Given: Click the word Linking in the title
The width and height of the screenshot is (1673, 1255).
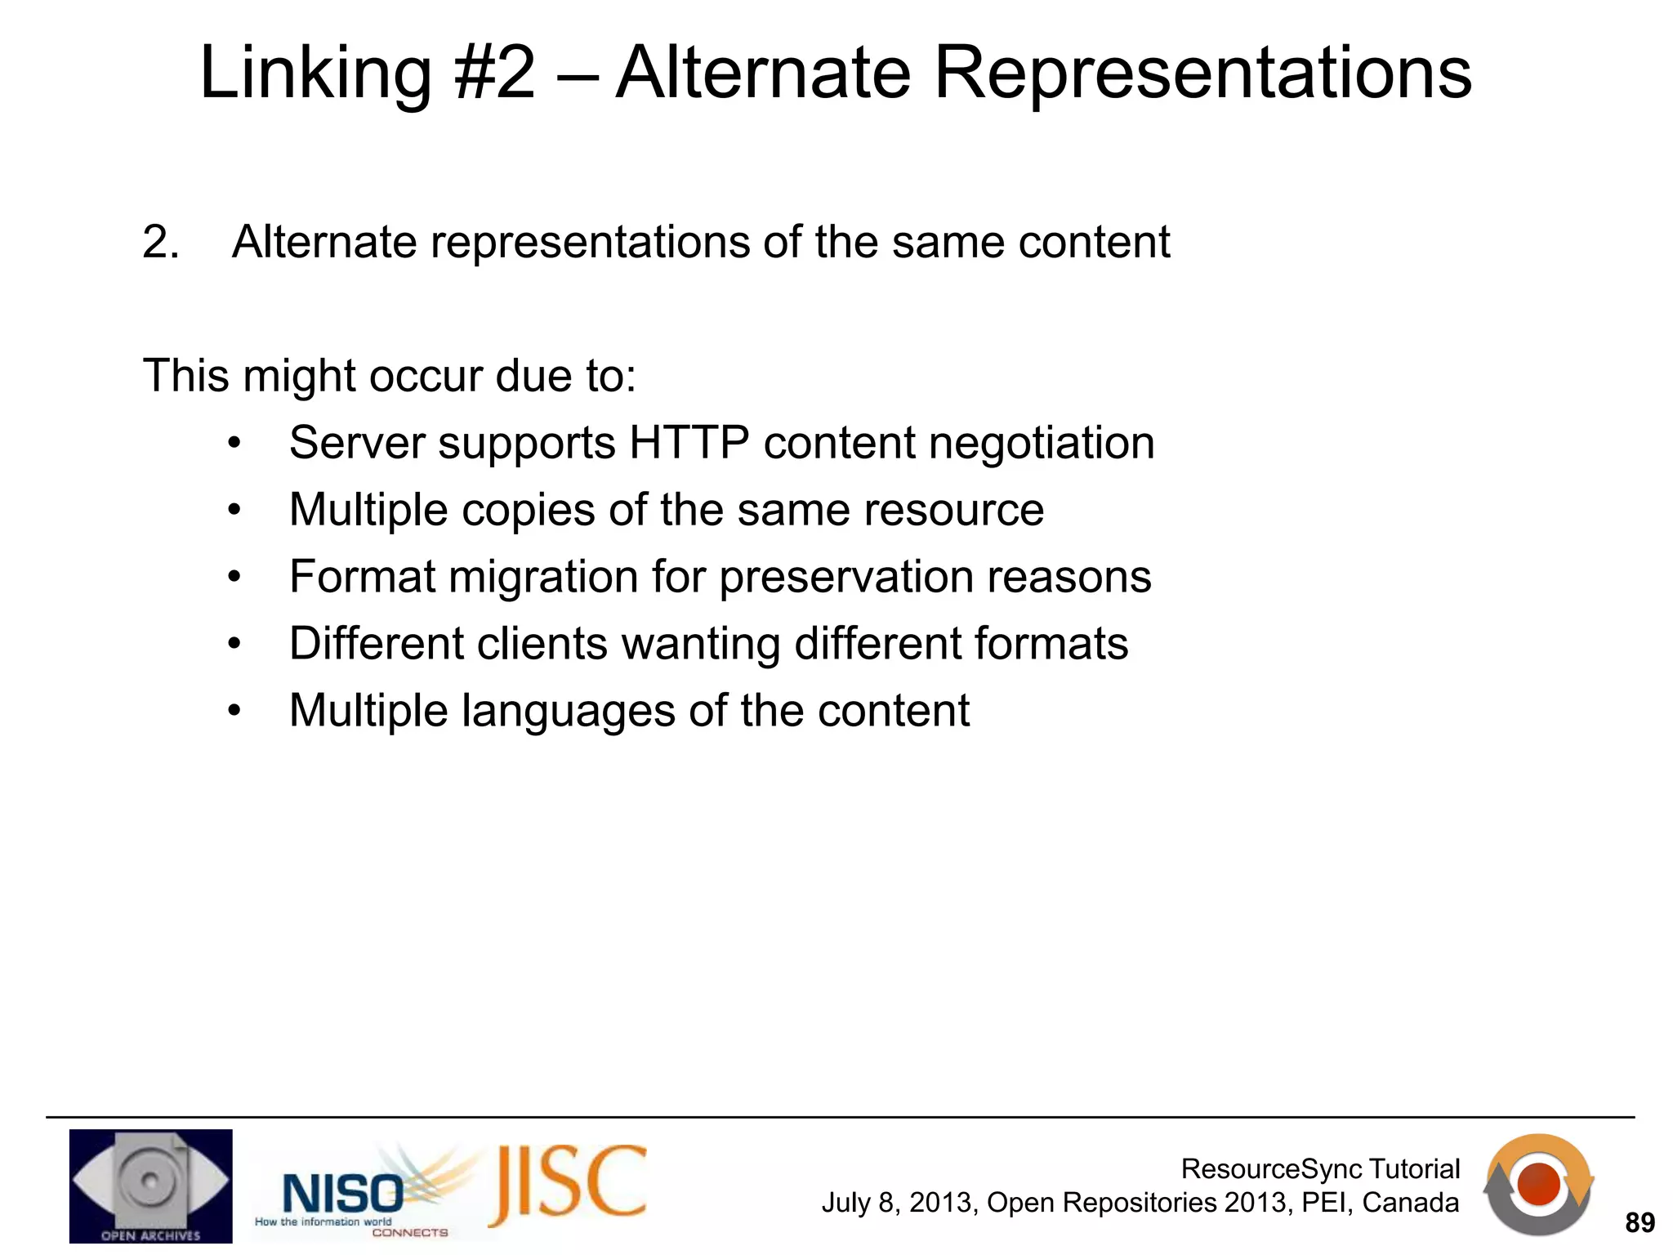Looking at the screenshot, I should [x=315, y=74].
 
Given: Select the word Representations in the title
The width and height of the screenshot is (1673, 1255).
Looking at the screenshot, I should [x=1202, y=74].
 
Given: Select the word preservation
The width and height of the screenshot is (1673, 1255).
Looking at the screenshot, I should [x=846, y=577].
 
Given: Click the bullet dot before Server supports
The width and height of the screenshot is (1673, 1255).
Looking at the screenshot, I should [x=235, y=444].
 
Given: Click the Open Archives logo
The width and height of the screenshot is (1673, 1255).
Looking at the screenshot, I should [x=150, y=1186].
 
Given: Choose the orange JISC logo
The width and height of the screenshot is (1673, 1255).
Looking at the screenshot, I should [x=568, y=1185].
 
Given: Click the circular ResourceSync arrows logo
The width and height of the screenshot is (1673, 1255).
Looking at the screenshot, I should [x=1538, y=1184].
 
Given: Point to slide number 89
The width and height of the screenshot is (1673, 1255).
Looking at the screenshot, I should [x=1640, y=1223].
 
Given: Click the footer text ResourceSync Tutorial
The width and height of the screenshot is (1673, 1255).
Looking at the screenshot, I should [x=1320, y=1169].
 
